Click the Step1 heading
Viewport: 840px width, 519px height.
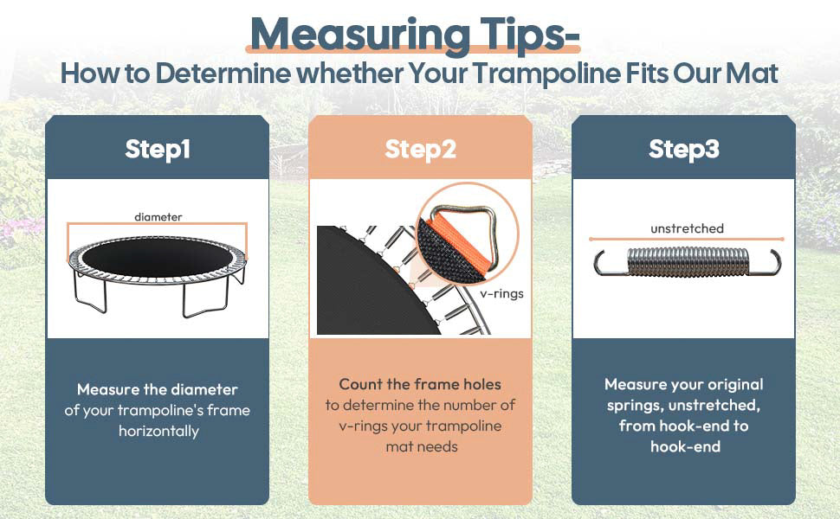[157, 149]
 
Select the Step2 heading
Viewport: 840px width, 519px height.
[420, 149]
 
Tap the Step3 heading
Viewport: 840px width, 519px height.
[683, 149]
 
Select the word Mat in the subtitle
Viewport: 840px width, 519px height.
[753, 73]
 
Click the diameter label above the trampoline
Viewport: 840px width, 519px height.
[158, 216]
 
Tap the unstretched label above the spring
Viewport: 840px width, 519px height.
[687, 228]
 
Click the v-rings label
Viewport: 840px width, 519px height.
[502, 293]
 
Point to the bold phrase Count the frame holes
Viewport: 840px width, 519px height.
[420, 384]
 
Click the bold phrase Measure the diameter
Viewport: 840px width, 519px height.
[157, 389]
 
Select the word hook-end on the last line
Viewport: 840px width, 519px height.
[684, 446]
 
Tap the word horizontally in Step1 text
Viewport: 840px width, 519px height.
[158, 430]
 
